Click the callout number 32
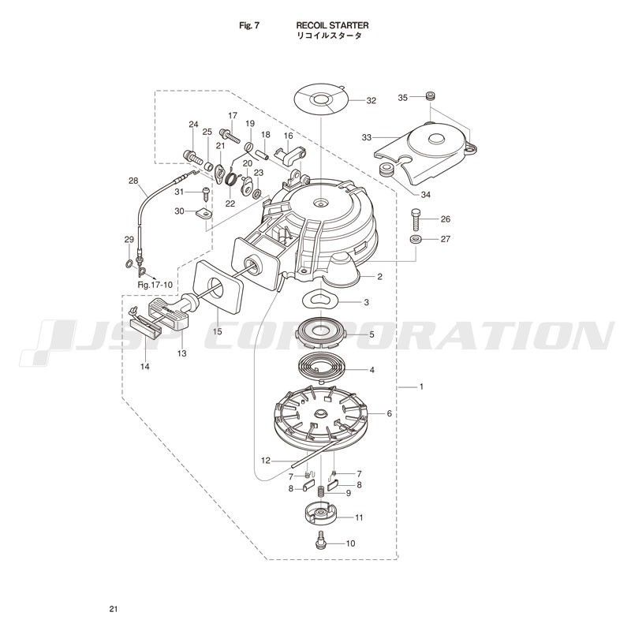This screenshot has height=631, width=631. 371,101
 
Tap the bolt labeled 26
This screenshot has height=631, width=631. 416,219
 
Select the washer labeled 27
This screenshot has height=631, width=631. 416,240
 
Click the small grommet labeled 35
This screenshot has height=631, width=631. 431,96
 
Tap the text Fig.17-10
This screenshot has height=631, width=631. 155,285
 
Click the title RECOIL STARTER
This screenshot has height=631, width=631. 332,25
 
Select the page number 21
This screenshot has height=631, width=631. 113,609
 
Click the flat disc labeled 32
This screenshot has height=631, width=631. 321,100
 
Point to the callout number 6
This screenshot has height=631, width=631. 389,413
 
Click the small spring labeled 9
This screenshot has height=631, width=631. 321,491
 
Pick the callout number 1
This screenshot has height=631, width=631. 421,386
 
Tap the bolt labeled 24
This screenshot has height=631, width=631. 193,156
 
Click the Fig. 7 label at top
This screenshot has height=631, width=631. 249,25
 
